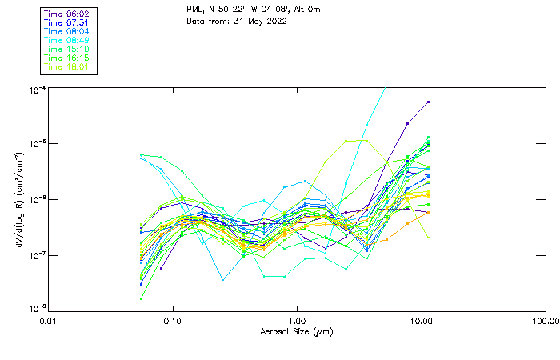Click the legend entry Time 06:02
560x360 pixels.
pos(67,14)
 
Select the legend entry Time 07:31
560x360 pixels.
pos(67,22)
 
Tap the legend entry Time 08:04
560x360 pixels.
pos(67,31)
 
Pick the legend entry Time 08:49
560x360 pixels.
pos(67,40)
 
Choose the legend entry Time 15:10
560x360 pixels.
pos(67,49)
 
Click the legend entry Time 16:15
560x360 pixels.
pos(67,58)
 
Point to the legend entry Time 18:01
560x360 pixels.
pos(67,66)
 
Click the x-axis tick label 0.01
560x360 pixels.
pos(49,320)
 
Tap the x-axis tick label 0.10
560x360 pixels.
pos(173,320)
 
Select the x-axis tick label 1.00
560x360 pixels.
pos(297,320)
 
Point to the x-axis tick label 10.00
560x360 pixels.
pos(421,320)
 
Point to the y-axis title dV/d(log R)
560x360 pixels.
pos(13,198)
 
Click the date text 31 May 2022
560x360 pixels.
pos(260,21)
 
